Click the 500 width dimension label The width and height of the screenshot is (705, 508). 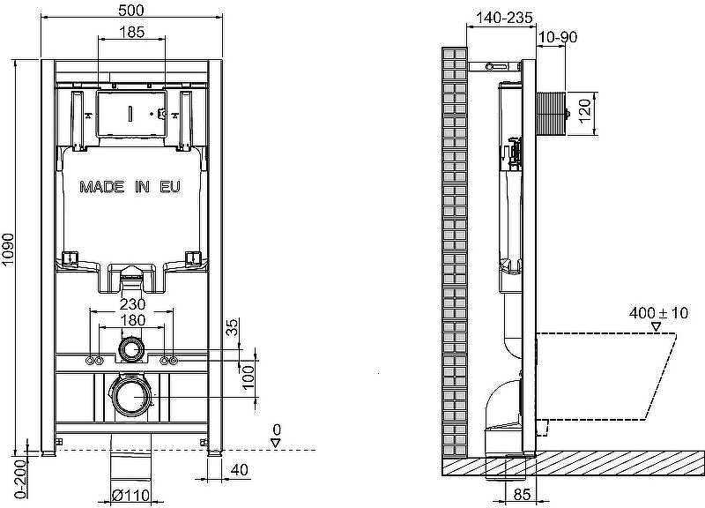[131, 10]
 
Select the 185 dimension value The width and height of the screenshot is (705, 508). [132, 32]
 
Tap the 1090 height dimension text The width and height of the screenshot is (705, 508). [8, 255]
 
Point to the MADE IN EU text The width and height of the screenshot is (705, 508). [130, 187]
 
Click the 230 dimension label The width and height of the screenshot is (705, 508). [133, 304]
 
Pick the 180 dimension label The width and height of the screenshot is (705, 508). [134, 320]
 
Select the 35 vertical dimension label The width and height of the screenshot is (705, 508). [232, 327]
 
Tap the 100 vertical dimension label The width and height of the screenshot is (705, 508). [248, 378]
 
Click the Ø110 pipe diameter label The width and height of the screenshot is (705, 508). [130, 496]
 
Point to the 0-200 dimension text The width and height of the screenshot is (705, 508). [21, 479]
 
